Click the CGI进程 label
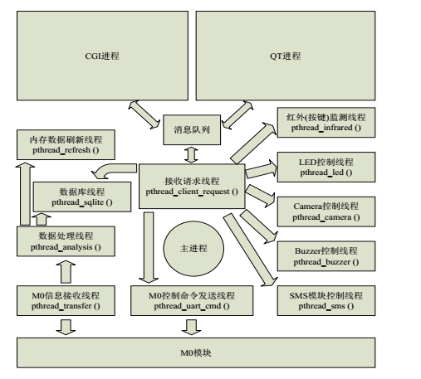102,56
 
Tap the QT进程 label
286,56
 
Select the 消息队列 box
192,130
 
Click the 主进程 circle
193,249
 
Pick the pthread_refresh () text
66,150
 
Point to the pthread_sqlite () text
82,202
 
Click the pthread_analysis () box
66,241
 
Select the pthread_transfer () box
66,301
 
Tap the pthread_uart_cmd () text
192,306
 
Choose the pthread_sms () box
326,301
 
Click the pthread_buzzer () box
326,256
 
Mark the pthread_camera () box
326,211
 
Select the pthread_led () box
326,167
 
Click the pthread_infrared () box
326,123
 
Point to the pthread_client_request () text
192,192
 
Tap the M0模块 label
196,353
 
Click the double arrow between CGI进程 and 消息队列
144,114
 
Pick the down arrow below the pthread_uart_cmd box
192,327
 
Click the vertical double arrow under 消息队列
191,155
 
